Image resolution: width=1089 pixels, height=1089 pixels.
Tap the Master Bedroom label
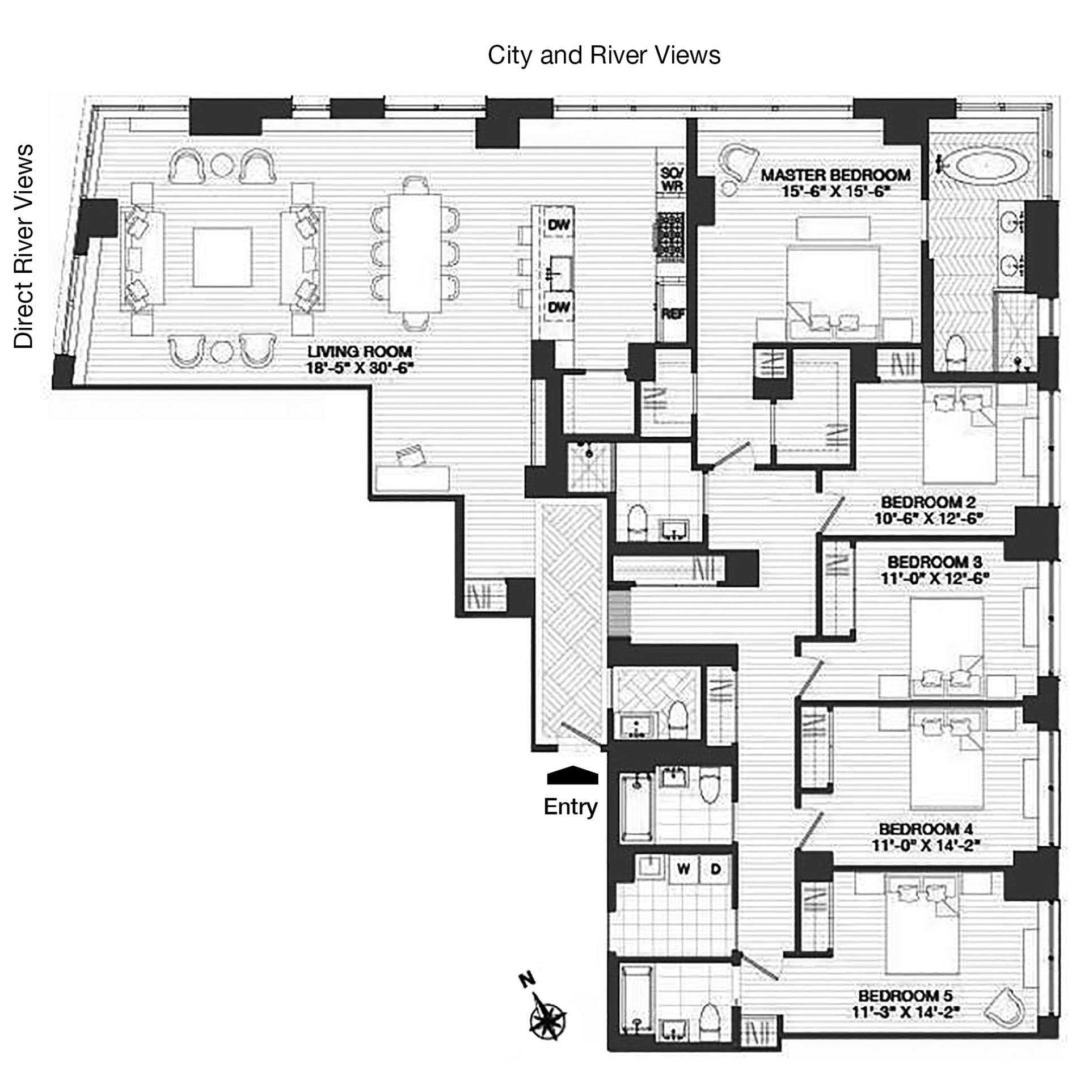835,175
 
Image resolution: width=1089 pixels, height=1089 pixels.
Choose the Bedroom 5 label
905,995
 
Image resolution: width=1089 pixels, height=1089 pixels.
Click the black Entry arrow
572,775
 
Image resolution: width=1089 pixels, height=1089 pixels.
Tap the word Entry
571,807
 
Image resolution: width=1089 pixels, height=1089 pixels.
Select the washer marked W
683,869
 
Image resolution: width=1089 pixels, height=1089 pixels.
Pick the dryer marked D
715,869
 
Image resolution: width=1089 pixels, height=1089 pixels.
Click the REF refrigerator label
672,314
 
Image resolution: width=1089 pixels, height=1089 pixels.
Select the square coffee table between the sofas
222,258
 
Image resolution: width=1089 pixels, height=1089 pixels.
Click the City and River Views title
604,56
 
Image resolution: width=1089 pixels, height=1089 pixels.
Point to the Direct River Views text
24,246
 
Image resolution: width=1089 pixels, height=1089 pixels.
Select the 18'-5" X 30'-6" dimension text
360,368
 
